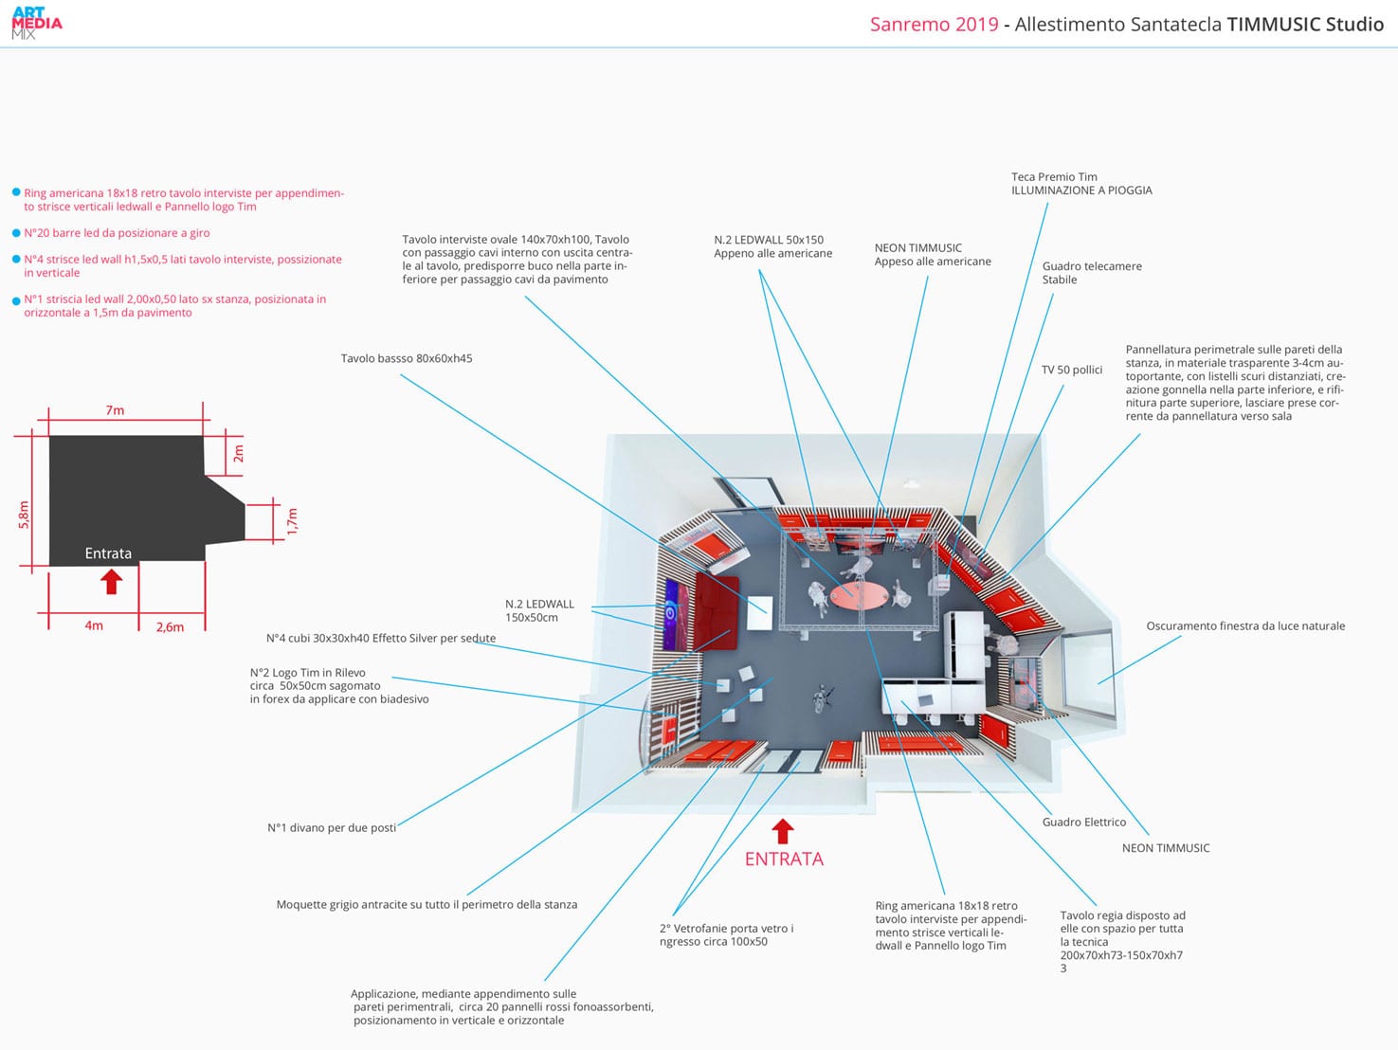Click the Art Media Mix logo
37,24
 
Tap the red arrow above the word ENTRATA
782,831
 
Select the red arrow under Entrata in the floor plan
112,580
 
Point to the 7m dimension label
115,410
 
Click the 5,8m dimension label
25,515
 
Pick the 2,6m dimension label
170,626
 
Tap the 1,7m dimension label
292,521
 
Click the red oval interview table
859,595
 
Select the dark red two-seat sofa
717,611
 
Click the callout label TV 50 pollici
1071,370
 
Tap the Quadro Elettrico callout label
1083,822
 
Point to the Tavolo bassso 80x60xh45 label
407,358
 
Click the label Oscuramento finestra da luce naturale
1244,625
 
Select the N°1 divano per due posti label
332,827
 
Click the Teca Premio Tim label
1054,176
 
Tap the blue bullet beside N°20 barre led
16,233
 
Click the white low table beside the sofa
758,613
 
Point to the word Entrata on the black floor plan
108,553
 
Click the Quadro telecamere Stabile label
1091,273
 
